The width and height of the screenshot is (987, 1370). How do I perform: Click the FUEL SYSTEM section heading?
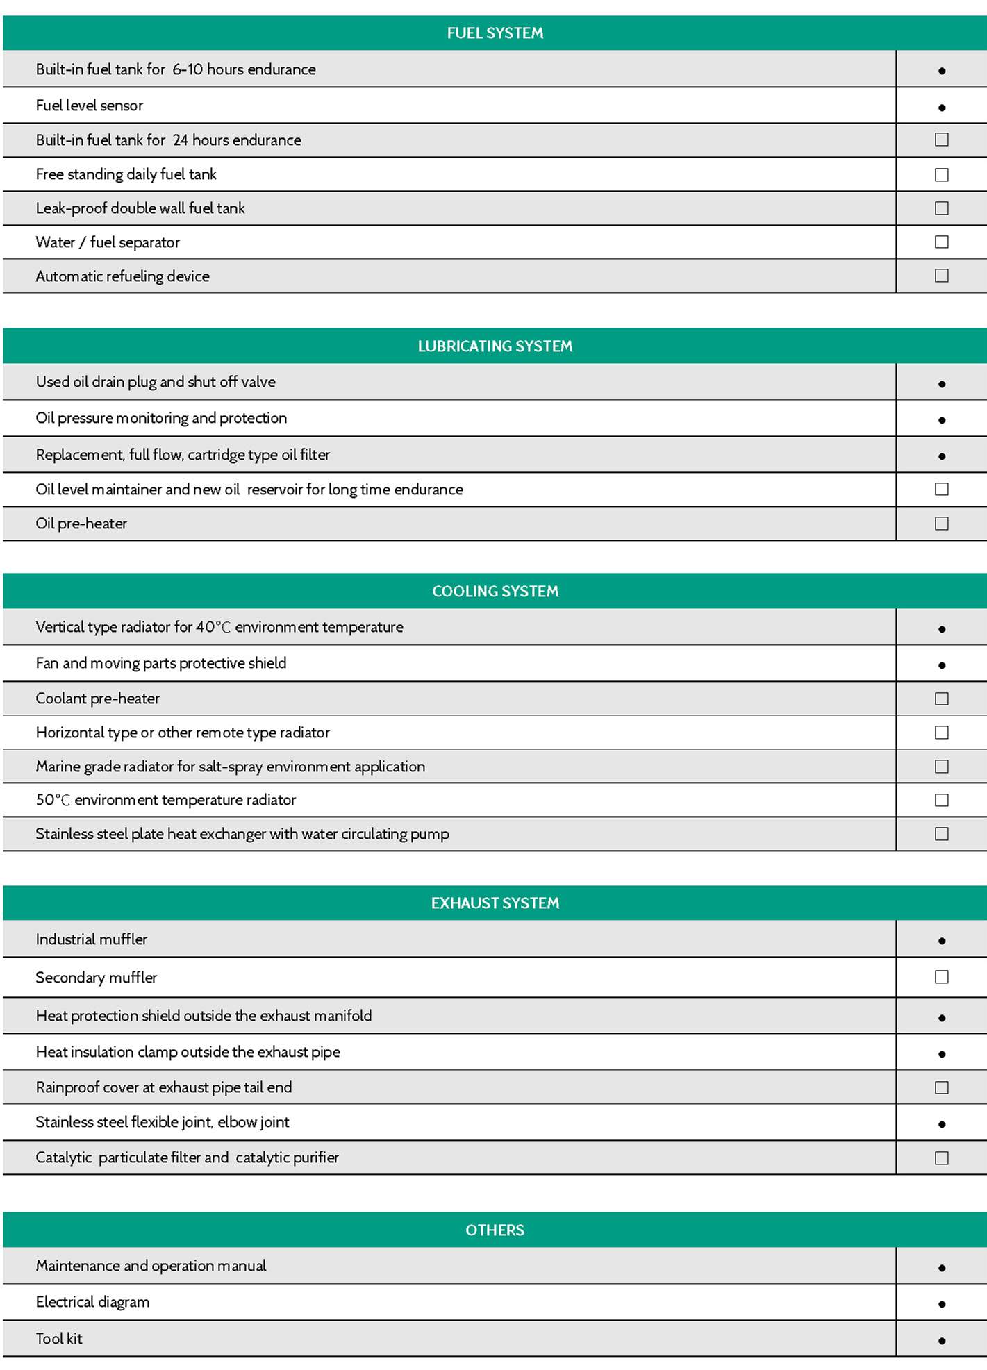click(495, 33)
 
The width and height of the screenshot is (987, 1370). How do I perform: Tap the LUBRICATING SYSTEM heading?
click(495, 346)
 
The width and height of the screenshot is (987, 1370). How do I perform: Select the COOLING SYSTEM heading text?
click(495, 591)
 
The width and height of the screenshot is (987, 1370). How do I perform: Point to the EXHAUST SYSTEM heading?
click(495, 903)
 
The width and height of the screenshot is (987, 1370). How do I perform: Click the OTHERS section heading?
click(495, 1230)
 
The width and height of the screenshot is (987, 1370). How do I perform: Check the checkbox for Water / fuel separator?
click(941, 242)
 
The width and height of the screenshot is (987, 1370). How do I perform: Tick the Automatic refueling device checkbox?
click(941, 276)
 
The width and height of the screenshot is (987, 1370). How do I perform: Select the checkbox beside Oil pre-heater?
click(941, 524)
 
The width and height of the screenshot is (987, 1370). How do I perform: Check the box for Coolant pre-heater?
click(941, 699)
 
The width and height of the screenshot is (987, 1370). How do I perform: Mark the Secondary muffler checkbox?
click(941, 977)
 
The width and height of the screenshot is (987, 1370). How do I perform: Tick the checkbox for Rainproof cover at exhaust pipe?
click(941, 1087)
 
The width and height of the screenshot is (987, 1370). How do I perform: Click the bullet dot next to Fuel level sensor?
click(942, 108)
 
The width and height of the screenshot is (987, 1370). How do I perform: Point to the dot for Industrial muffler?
click(942, 941)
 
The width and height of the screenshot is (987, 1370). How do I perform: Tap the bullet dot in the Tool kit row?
click(942, 1341)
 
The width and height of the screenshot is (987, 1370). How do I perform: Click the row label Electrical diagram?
click(92, 1302)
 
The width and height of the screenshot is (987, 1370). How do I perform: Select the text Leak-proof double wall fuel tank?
click(140, 208)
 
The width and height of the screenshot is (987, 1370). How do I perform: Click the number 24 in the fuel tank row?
click(180, 140)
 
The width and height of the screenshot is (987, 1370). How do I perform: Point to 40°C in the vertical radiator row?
click(213, 627)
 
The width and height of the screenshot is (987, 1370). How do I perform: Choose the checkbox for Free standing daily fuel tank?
click(941, 175)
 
